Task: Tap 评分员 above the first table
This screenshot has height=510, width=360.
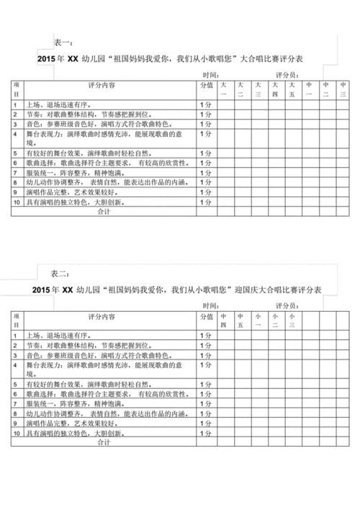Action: [287, 75]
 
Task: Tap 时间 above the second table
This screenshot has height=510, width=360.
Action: [211, 305]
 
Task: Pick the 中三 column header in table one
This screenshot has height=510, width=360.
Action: [343, 89]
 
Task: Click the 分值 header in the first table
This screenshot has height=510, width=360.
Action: [206, 85]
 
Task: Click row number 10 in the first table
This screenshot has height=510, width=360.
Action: [17, 203]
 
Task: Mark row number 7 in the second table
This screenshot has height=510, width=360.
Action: [15, 405]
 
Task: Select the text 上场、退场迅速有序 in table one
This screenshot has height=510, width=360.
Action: [57, 105]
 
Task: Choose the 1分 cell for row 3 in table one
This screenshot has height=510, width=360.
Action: [205, 125]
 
